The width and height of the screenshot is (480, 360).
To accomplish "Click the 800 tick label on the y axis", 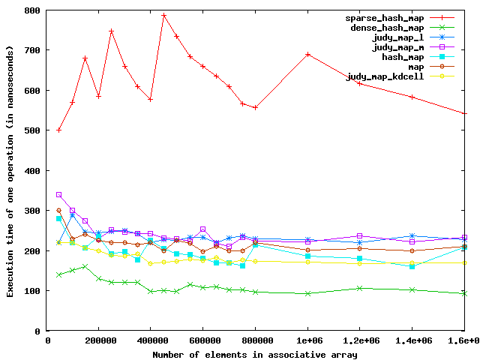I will [x=31, y=10].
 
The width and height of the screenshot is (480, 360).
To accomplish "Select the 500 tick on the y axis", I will [x=31, y=130].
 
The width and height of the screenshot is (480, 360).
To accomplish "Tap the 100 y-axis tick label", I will [x=31, y=291].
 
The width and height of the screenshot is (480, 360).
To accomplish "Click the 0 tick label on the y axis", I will [x=36, y=331].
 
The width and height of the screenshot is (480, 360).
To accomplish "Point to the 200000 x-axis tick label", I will [x=98, y=341].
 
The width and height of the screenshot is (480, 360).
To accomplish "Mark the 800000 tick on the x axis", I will [x=256, y=341].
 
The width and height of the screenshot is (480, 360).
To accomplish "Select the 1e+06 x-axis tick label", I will [x=308, y=341].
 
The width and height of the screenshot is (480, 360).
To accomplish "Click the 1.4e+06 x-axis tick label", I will [x=413, y=341].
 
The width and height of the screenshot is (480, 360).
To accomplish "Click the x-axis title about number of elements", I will [x=256, y=353].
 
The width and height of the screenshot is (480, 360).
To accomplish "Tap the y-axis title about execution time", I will [x=10, y=170].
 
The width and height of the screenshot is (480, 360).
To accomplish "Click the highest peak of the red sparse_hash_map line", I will [x=163, y=15].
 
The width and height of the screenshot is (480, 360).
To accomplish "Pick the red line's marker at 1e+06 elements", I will [x=308, y=54].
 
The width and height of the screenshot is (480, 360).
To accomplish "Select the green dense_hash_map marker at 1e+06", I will [x=308, y=293].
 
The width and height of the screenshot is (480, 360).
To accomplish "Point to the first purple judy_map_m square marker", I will [x=58, y=195].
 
